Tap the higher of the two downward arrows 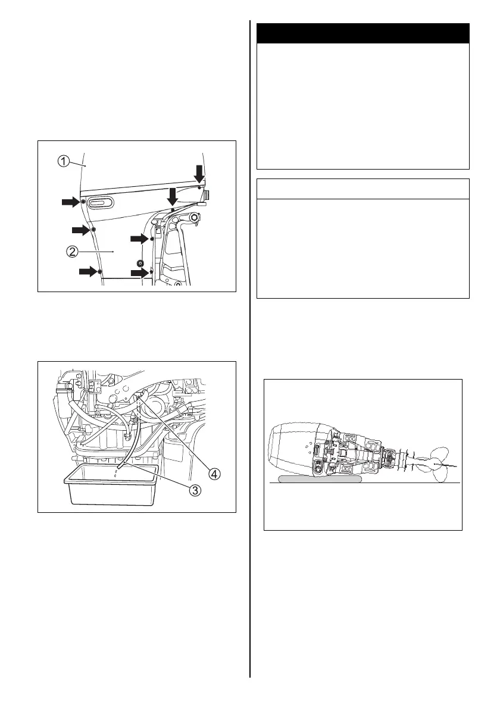coord(199,174)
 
